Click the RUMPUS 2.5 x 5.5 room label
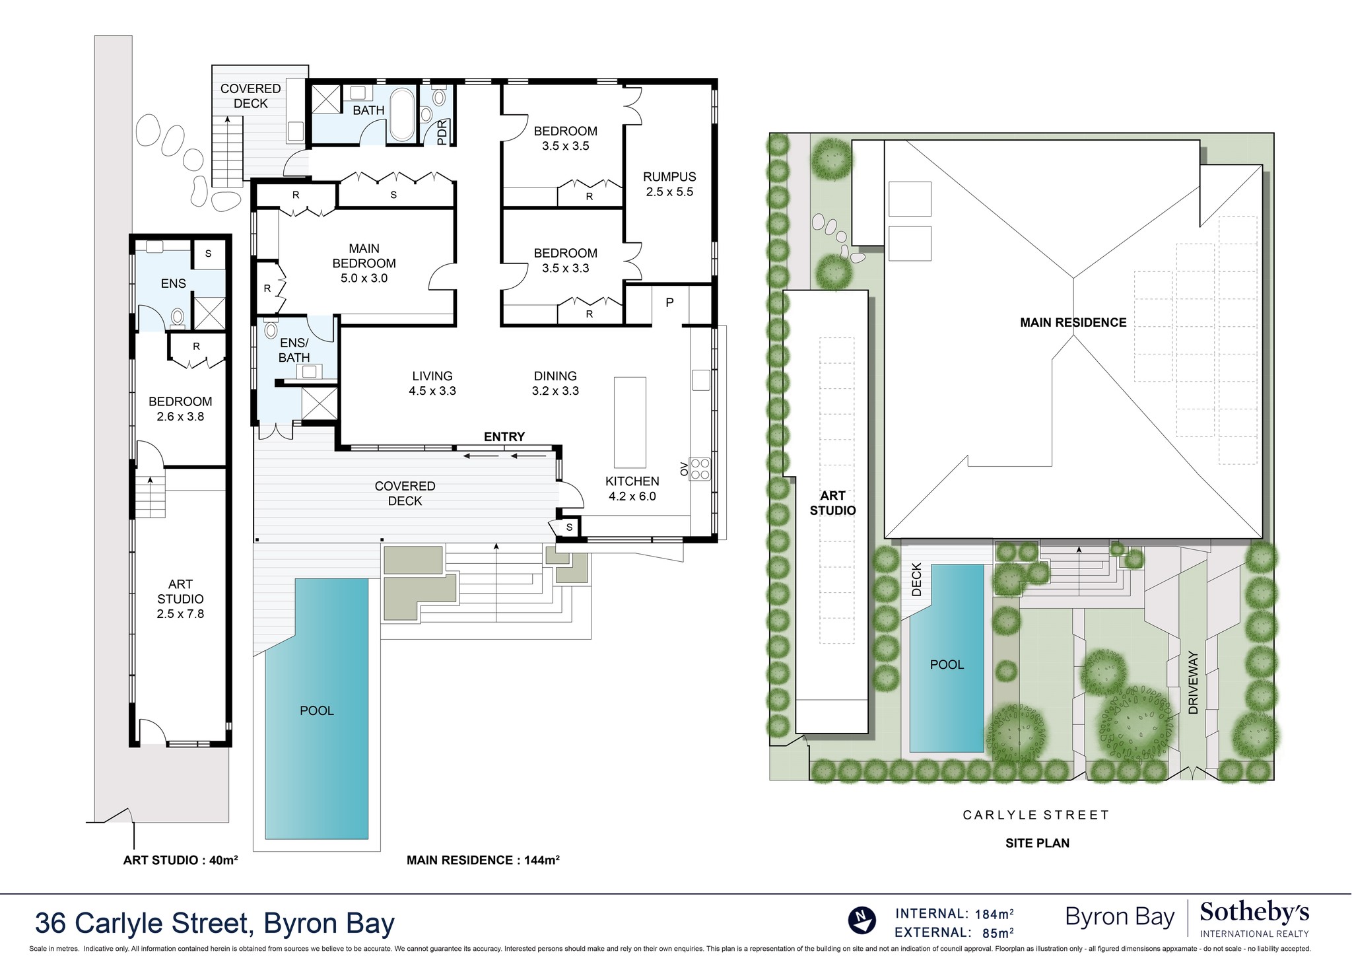[669, 184]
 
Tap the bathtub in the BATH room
[402, 116]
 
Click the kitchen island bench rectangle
[630, 423]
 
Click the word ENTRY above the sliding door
[504, 436]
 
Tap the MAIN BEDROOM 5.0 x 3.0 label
[364, 263]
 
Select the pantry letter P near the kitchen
[669, 302]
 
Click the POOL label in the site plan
[947, 665]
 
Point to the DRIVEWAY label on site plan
[1192, 683]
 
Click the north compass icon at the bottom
[862, 921]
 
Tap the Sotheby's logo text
[1254, 914]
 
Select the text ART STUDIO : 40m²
[180, 860]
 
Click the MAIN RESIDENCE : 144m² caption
[483, 860]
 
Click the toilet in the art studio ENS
[177, 318]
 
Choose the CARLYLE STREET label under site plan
[1036, 815]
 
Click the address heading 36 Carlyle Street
[215, 923]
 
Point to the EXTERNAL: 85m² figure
[954, 933]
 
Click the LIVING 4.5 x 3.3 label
[432, 383]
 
